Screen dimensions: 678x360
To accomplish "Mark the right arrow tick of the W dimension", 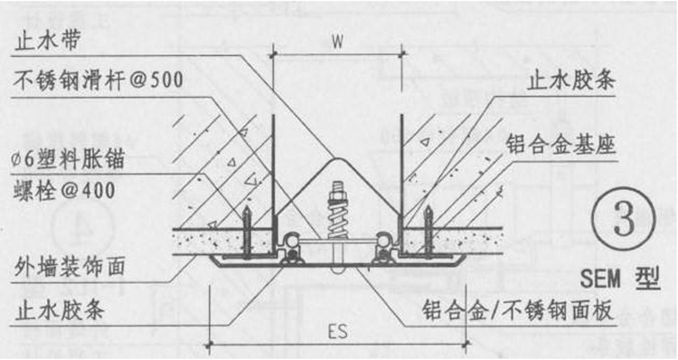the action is coord(401,52).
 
